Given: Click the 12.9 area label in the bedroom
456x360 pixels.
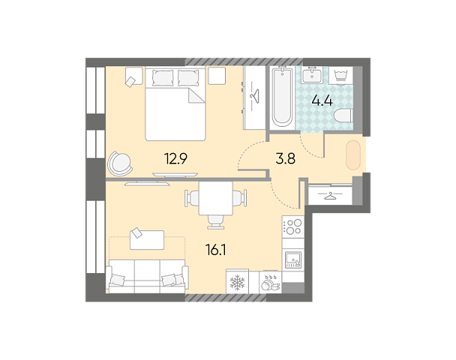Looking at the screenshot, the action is pyautogui.click(x=175, y=159).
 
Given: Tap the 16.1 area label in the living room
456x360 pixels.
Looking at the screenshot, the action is pyautogui.click(x=216, y=250).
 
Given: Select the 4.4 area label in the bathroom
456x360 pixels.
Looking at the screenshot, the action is pyautogui.click(x=322, y=101).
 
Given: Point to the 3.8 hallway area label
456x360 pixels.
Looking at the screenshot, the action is pyautogui.click(x=286, y=159).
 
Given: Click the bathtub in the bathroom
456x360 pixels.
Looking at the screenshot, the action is pyautogui.click(x=282, y=97).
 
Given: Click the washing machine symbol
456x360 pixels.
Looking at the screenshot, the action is pyautogui.click(x=340, y=75).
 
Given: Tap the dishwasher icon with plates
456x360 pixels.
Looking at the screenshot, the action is pyautogui.click(x=270, y=282).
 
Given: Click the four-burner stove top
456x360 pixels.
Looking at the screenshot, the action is pyautogui.click(x=293, y=226).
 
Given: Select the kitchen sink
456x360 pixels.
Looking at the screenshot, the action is pyautogui.click(x=293, y=259).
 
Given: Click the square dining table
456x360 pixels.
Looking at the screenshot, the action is pyautogui.click(x=216, y=198).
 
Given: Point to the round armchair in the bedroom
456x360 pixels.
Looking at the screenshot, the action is pyautogui.click(x=120, y=164).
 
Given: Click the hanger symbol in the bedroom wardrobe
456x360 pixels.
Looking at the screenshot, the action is pyautogui.click(x=255, y=96).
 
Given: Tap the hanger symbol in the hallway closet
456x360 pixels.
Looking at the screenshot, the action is pyautogui.click(x=330, y=196).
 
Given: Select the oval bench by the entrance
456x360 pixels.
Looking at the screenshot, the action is pyautogui.click(x=353, y=155).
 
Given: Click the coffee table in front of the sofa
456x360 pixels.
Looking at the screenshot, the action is pyautogui.click(x=147, y=239).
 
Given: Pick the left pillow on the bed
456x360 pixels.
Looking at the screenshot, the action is pyautogui.click(x=163, y=78).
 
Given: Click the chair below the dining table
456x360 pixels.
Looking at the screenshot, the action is pyautogui.click(x=216, y=222).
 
